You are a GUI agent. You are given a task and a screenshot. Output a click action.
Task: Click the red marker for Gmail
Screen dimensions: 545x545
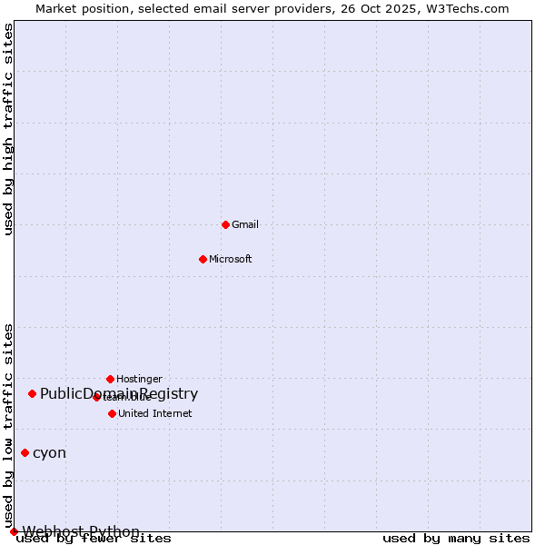coord(225,224)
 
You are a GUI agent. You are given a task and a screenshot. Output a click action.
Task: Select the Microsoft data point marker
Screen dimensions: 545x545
coord(203,259)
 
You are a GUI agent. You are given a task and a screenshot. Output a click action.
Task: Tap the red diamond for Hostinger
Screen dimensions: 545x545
coord(110,379)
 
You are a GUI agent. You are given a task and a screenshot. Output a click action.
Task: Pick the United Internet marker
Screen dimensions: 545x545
coord(112,413)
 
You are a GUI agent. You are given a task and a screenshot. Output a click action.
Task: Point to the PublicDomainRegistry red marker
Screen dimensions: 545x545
coord(32,393)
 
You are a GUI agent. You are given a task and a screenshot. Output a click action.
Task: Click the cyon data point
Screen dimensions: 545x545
coord(25,452)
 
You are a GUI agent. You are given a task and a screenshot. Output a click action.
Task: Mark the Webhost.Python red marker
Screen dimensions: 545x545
coord(14,531)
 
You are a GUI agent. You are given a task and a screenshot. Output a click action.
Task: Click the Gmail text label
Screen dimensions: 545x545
coord(245,224)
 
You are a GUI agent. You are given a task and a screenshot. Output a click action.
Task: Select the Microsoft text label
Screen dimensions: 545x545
coord(230,259)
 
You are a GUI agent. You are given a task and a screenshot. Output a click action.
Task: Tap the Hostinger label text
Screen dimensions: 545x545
coord(139,379)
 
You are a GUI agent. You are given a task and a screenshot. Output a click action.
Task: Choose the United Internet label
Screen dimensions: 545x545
coord(154,413)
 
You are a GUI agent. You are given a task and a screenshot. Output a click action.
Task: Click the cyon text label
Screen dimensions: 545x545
coord(49,452)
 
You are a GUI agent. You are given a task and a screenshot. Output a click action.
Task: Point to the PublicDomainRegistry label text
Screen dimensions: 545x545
coord(118,393)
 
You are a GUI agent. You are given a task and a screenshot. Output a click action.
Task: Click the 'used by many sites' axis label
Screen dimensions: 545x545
coord(456,539)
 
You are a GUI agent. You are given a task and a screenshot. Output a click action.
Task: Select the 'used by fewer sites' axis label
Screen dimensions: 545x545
coord(94,539)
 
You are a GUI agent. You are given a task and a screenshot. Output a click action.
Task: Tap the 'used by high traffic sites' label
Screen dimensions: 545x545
coord(8,129)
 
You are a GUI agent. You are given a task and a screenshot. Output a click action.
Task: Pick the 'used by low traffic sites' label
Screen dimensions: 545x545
coord(8,425)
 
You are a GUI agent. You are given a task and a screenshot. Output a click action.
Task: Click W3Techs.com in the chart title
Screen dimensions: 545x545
coord(470,8)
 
